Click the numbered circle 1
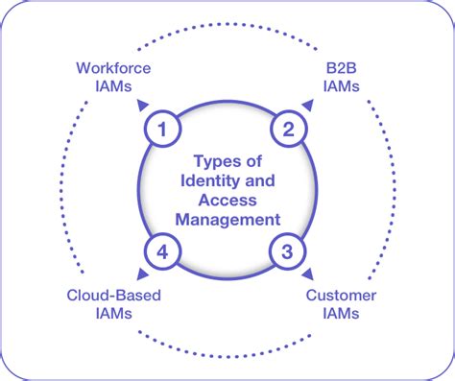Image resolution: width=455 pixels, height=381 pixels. point(163,127)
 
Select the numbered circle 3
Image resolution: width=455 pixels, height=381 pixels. point(286,252)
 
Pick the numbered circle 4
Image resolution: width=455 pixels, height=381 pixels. point(163,252)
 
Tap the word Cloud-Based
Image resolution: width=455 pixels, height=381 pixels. point(114,296)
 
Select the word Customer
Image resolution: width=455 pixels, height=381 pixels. point(341,296)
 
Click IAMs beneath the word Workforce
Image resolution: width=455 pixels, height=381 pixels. point(113,85)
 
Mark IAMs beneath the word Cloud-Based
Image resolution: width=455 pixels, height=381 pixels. point(114,314)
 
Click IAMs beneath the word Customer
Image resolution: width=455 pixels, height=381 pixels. point(341,314)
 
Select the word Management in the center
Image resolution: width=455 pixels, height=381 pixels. point(226,219)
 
